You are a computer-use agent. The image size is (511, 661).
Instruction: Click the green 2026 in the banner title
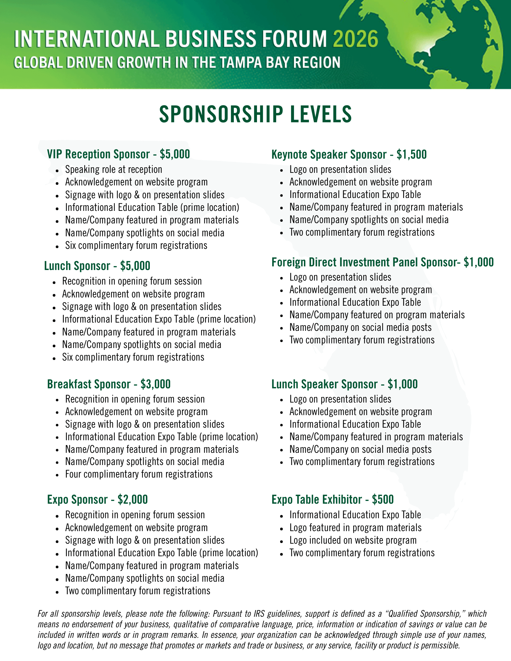(355, 39)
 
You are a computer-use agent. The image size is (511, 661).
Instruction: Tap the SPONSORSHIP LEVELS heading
(255, 114)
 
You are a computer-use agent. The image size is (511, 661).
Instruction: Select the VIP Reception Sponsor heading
(98, 154)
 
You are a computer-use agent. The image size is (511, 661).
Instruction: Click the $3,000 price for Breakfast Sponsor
(155, 384)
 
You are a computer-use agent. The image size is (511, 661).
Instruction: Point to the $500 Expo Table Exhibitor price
(383, 499)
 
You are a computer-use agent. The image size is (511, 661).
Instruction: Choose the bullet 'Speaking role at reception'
(113, 170)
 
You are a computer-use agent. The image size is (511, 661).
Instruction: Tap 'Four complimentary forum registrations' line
(139, 474)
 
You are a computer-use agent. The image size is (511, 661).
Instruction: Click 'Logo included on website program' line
(353, 540)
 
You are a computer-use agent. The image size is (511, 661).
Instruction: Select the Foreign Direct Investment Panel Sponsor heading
(363, 262)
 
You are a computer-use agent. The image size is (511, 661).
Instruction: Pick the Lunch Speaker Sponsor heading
(325, 384)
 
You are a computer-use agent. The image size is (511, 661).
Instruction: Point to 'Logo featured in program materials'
(355, 527)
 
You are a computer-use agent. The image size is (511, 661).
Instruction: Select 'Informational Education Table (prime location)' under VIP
(152, 208)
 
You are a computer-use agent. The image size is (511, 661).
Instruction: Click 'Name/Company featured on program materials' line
(377, 315)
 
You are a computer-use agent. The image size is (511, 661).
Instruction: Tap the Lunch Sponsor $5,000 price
(135, 266)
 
